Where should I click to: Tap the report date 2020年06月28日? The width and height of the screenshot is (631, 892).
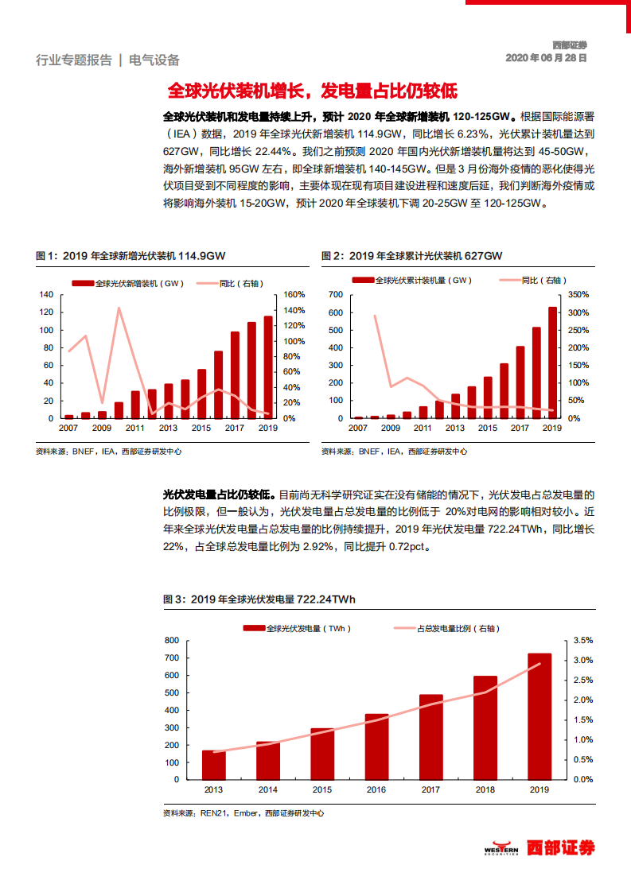(x=547, y=58)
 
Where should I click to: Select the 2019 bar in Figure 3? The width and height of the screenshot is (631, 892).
(x=539, y=716)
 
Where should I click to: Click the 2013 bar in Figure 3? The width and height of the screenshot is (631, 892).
(x=213, y=764)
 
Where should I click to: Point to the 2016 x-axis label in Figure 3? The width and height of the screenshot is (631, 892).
(x=376, y=789)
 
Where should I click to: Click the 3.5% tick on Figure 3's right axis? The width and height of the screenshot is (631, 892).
(x=582, y=640)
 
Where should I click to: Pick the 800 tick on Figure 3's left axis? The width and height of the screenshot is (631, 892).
(x=172, y=640)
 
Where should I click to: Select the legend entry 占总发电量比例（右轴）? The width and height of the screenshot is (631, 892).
(x=446, y=628)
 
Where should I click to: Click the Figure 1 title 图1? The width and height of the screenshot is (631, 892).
(x=130, y=255)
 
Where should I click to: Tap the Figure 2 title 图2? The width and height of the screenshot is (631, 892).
(x=411, y=255)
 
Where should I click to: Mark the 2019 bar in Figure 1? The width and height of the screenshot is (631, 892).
(x=267, y=366)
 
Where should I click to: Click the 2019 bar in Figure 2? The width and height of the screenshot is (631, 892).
(x=552, y=362)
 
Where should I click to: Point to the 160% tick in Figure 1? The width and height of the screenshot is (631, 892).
(x=294, y=294)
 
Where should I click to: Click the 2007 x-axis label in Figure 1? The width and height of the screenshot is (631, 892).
(x=69, y=428)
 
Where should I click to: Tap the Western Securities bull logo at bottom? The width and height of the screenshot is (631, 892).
(x=501, y=848)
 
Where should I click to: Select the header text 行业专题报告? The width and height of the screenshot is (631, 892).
(x=74, y=60)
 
